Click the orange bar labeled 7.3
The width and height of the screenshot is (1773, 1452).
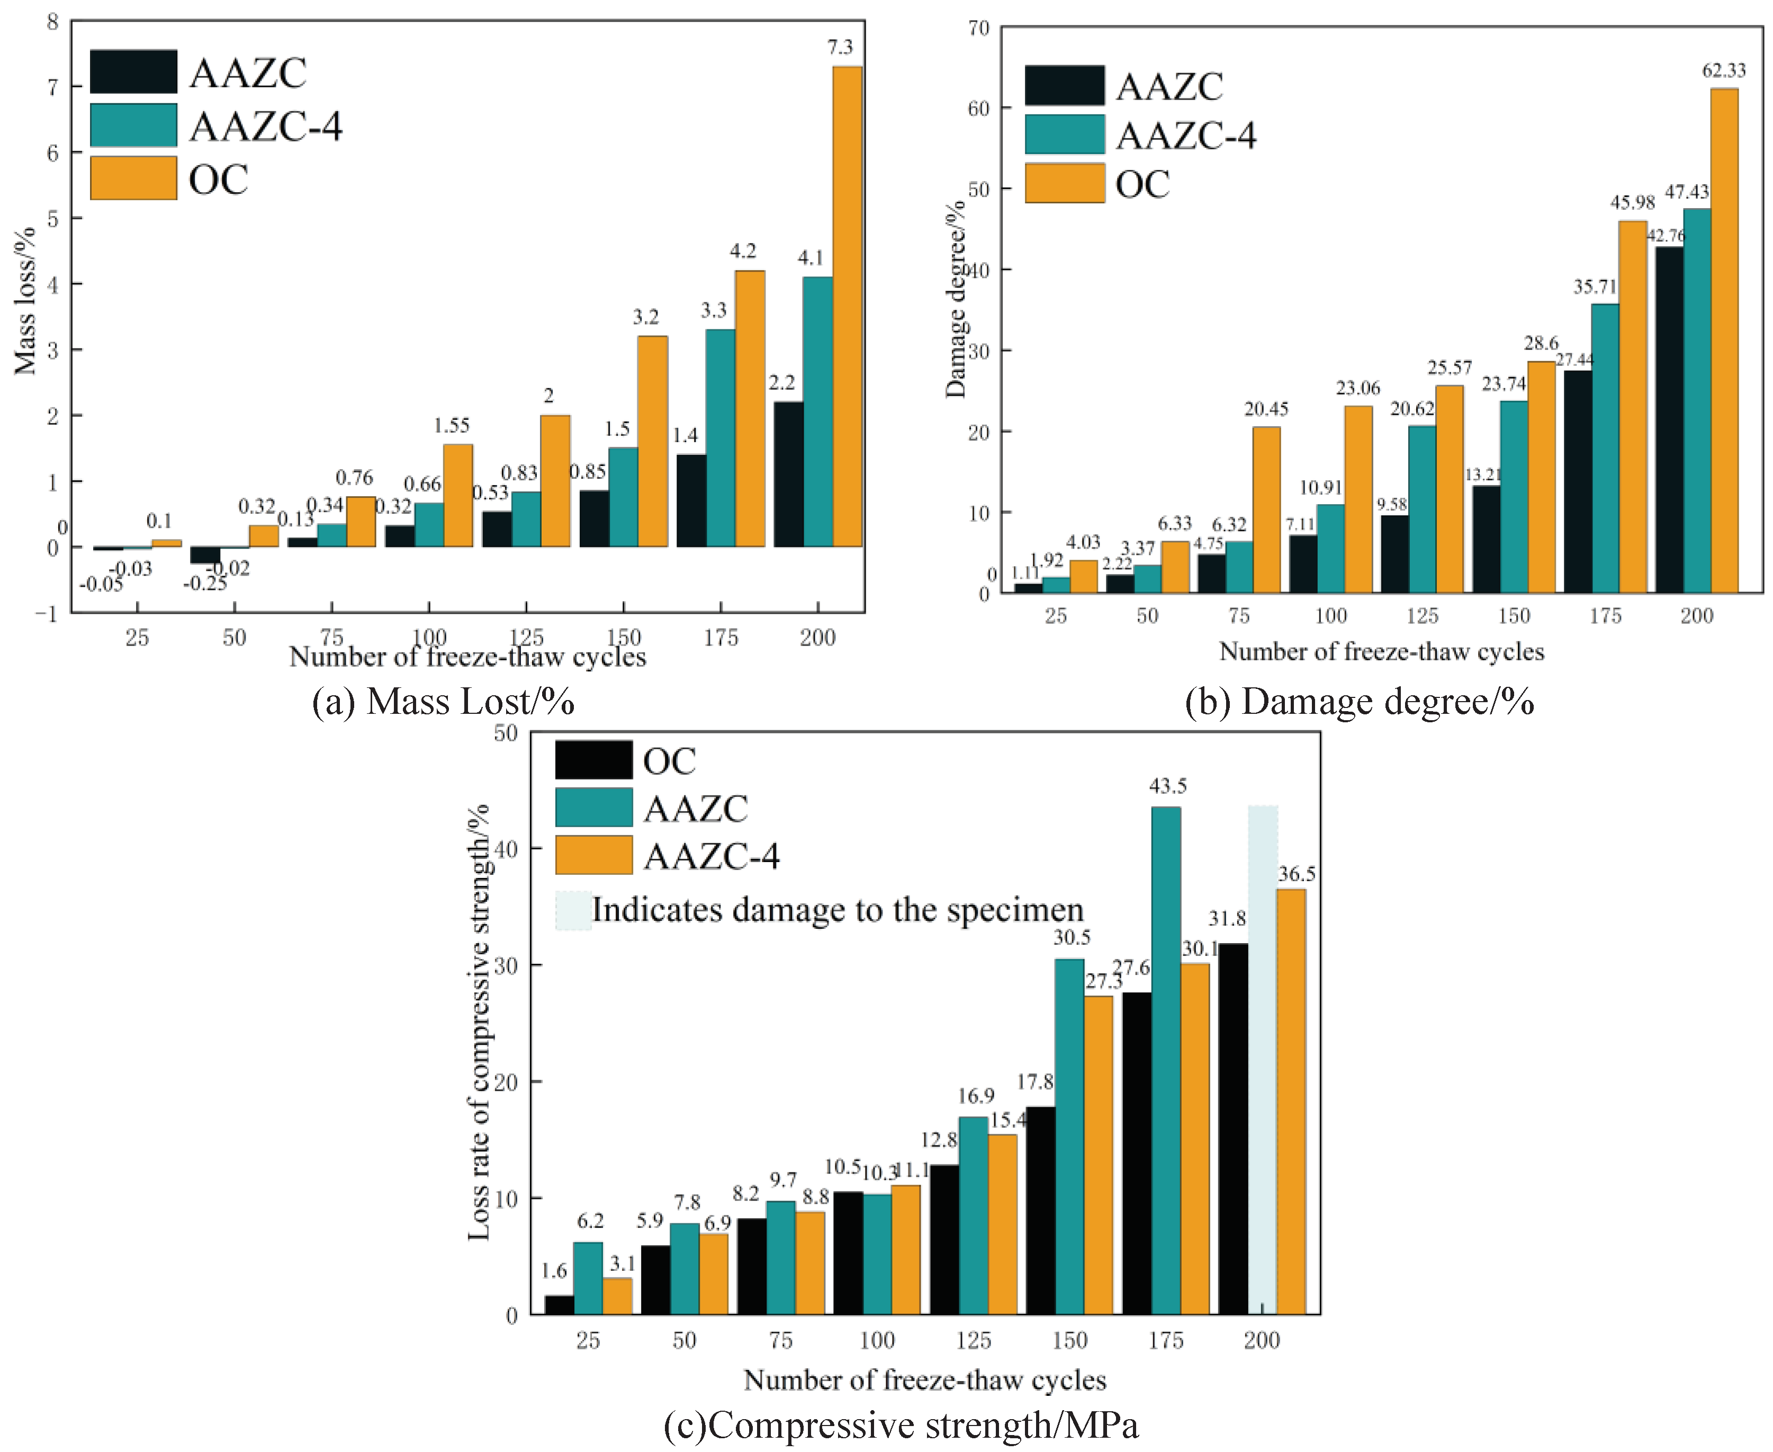coord(847,306)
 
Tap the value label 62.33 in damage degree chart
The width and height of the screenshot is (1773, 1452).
coord(1724,71)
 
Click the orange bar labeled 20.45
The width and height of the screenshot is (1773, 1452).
coord(1266,509)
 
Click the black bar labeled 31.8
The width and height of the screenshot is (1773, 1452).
coord(1233,1128)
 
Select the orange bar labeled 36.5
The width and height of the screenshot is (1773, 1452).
coord(1291,1101)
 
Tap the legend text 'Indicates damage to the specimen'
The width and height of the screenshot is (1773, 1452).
coord(837,910)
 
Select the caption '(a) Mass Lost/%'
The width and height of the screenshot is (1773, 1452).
coord(443,701)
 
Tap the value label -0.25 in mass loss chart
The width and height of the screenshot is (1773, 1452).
coord(205,584)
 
